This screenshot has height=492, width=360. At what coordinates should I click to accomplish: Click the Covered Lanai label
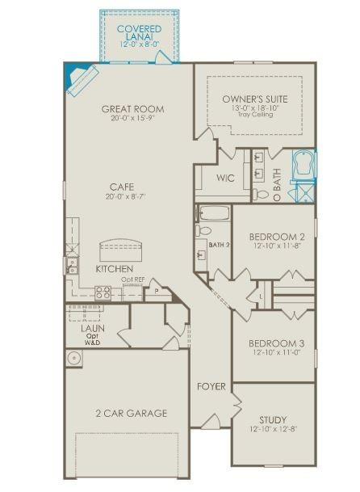click(139, 32)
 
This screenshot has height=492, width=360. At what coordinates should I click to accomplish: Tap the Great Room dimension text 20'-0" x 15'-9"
click(133, 118)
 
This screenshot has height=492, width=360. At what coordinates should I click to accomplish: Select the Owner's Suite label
click(255, 99)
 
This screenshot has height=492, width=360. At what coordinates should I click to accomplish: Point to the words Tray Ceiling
click(255, 114)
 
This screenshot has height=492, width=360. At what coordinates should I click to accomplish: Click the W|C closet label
click(225, 178)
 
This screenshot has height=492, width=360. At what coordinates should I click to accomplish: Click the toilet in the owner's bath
click(261, 195)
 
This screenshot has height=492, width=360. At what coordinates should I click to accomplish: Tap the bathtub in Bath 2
click(214, 213)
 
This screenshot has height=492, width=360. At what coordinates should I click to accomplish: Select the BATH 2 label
click(220, 245)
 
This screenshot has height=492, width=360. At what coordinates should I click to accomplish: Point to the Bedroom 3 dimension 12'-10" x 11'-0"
click(277, 352)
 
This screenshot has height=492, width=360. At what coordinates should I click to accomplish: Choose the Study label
click(273, 419)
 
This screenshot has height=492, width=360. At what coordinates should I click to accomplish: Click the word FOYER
click(211, 386)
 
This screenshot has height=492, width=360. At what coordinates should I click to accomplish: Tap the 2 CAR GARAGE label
click(132, 414)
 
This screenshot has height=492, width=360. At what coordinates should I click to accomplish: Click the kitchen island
click(120, 250)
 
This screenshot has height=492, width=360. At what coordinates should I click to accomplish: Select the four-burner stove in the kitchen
click(103, 292)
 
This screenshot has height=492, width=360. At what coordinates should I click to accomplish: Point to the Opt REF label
click(133, 280)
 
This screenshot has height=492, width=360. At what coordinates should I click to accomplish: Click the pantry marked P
click(157, 291)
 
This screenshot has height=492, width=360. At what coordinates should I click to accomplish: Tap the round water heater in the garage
click(74, 358)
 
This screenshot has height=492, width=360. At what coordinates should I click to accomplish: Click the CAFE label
click(122, 187)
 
